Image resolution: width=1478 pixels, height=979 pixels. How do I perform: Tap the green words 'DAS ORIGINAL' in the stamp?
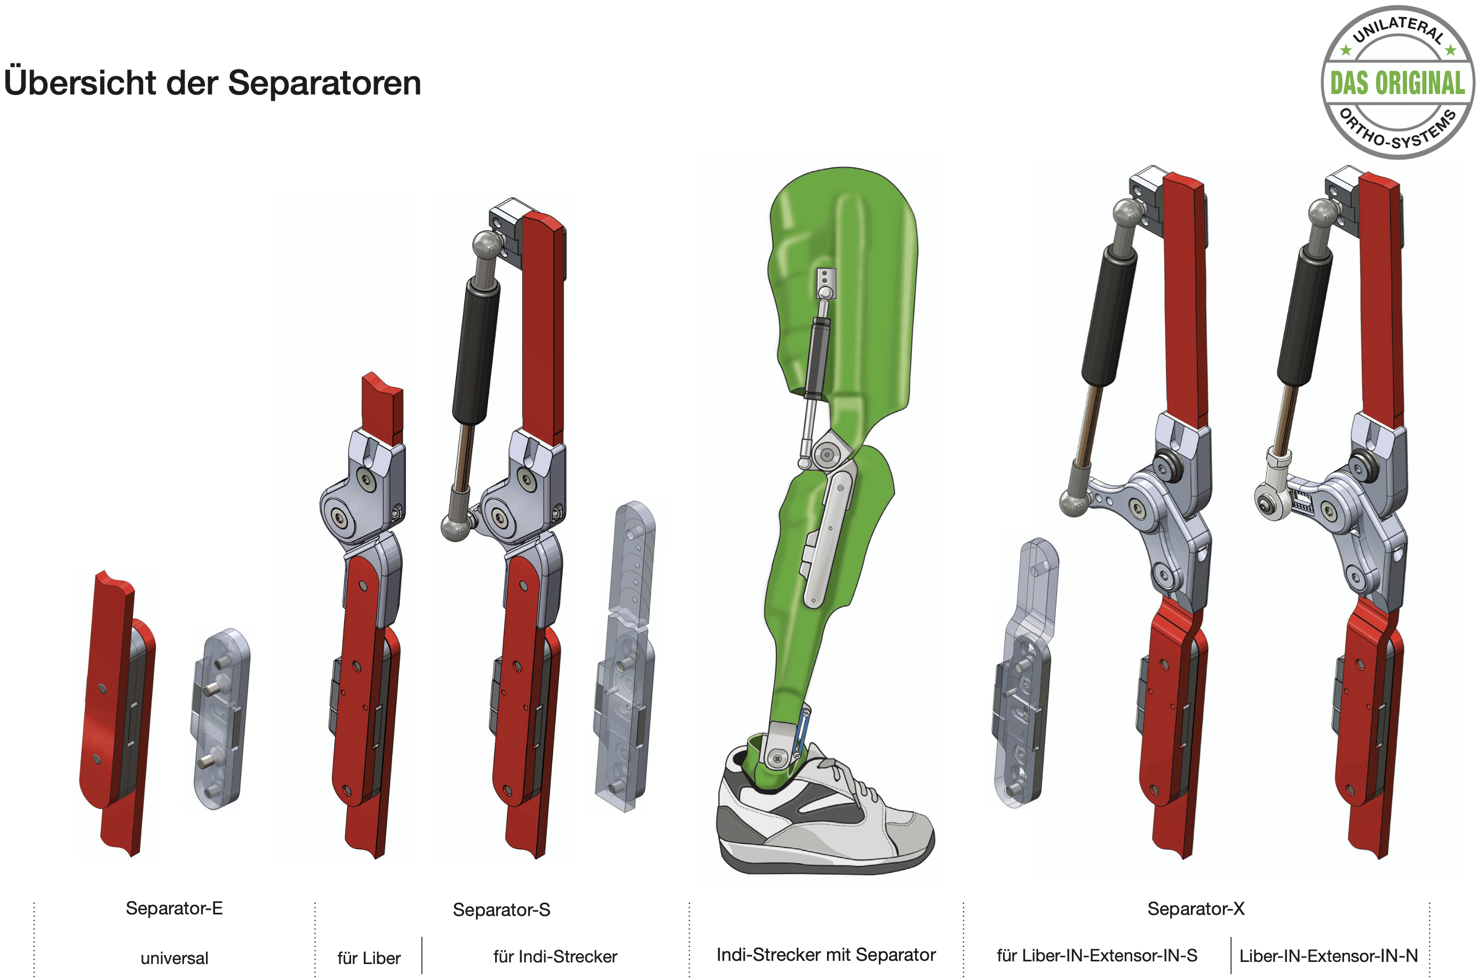tap(1397, 83)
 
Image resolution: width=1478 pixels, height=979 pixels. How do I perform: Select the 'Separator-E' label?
tap(174, 908)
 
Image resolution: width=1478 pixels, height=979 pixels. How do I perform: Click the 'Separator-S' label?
tap(502, 910)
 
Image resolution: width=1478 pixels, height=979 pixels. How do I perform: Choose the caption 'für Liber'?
tap(369, 958)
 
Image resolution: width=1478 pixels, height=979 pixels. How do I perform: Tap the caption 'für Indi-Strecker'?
tap(555, 957)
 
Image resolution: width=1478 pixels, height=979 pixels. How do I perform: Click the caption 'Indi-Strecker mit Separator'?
tap(827, 954)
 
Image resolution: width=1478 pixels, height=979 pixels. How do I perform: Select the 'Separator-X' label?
tap(1196, 909)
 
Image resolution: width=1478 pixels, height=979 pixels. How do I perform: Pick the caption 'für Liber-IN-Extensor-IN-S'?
tap(1097, 956)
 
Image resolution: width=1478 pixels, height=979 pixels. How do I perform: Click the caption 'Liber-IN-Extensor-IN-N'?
tap(1329, 956)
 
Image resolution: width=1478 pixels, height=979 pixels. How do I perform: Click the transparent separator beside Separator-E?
tap(220, 719)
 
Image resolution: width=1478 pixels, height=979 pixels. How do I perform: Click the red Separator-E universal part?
tap(117, 712)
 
